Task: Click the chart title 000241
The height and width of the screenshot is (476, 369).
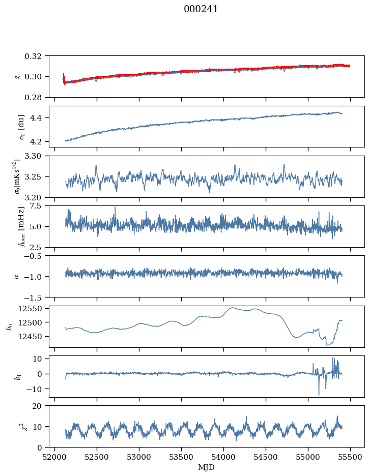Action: click(x=201, y=9)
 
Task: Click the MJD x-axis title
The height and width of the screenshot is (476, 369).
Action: click(x=207, y=467)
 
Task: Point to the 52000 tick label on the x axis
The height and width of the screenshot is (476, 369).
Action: click(x=55, y=456)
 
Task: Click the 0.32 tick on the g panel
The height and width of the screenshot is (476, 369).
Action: click(x=38, y=56)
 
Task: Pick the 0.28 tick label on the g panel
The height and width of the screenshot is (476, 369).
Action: click(x=38, y=97)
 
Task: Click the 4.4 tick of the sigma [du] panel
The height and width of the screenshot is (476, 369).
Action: click(x=41, y=118)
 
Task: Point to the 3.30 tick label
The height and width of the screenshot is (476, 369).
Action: click(x=38, y=156)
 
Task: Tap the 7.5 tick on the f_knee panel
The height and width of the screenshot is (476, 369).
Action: click(x=41, y=205)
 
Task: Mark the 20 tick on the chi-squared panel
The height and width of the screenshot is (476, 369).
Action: click(x=41, y=406)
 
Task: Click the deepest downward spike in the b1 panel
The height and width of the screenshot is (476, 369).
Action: click(x=319, y=394)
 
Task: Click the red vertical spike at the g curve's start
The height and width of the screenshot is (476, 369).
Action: click(x=64, y=78)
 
